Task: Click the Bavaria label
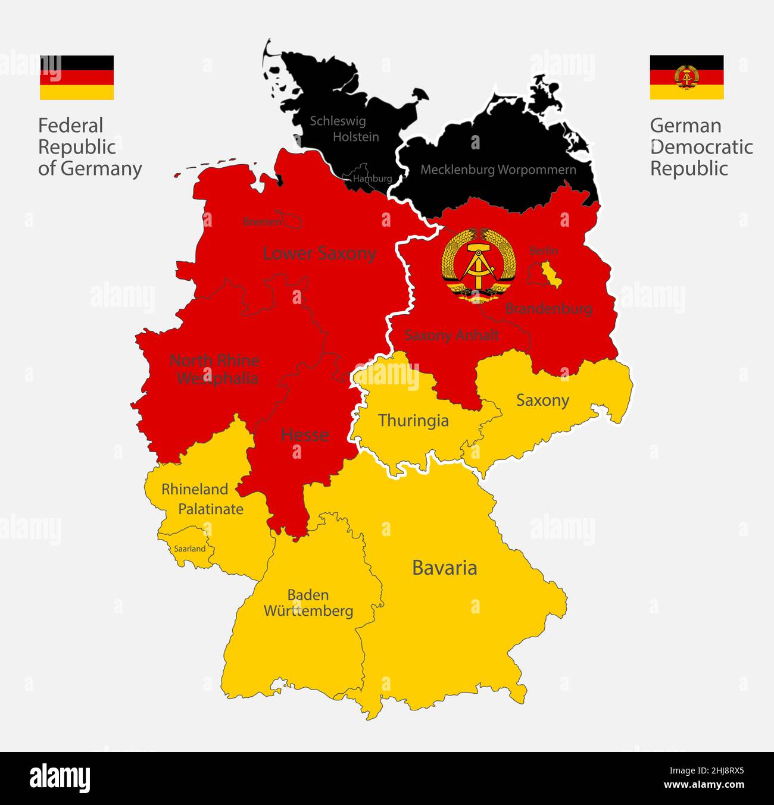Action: click(444, 568)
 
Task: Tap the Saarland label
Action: click(189, 549)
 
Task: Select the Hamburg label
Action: click(372, 178)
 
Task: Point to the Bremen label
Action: click(261, 222)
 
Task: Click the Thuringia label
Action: click(413, 421)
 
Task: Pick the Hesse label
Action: click(305, 434)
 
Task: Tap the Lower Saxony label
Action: click(319, 253)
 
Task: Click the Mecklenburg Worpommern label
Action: click(498, 170)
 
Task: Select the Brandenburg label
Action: click(548, 308)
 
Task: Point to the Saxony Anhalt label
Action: click(451, 335)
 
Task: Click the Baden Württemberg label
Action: click(308, 603)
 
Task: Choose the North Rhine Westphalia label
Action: click(215, 369)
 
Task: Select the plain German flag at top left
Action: click(77, 77)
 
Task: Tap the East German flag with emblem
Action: click(686, 77)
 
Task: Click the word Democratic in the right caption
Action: click(701, 147)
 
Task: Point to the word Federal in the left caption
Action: click(70, 126)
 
